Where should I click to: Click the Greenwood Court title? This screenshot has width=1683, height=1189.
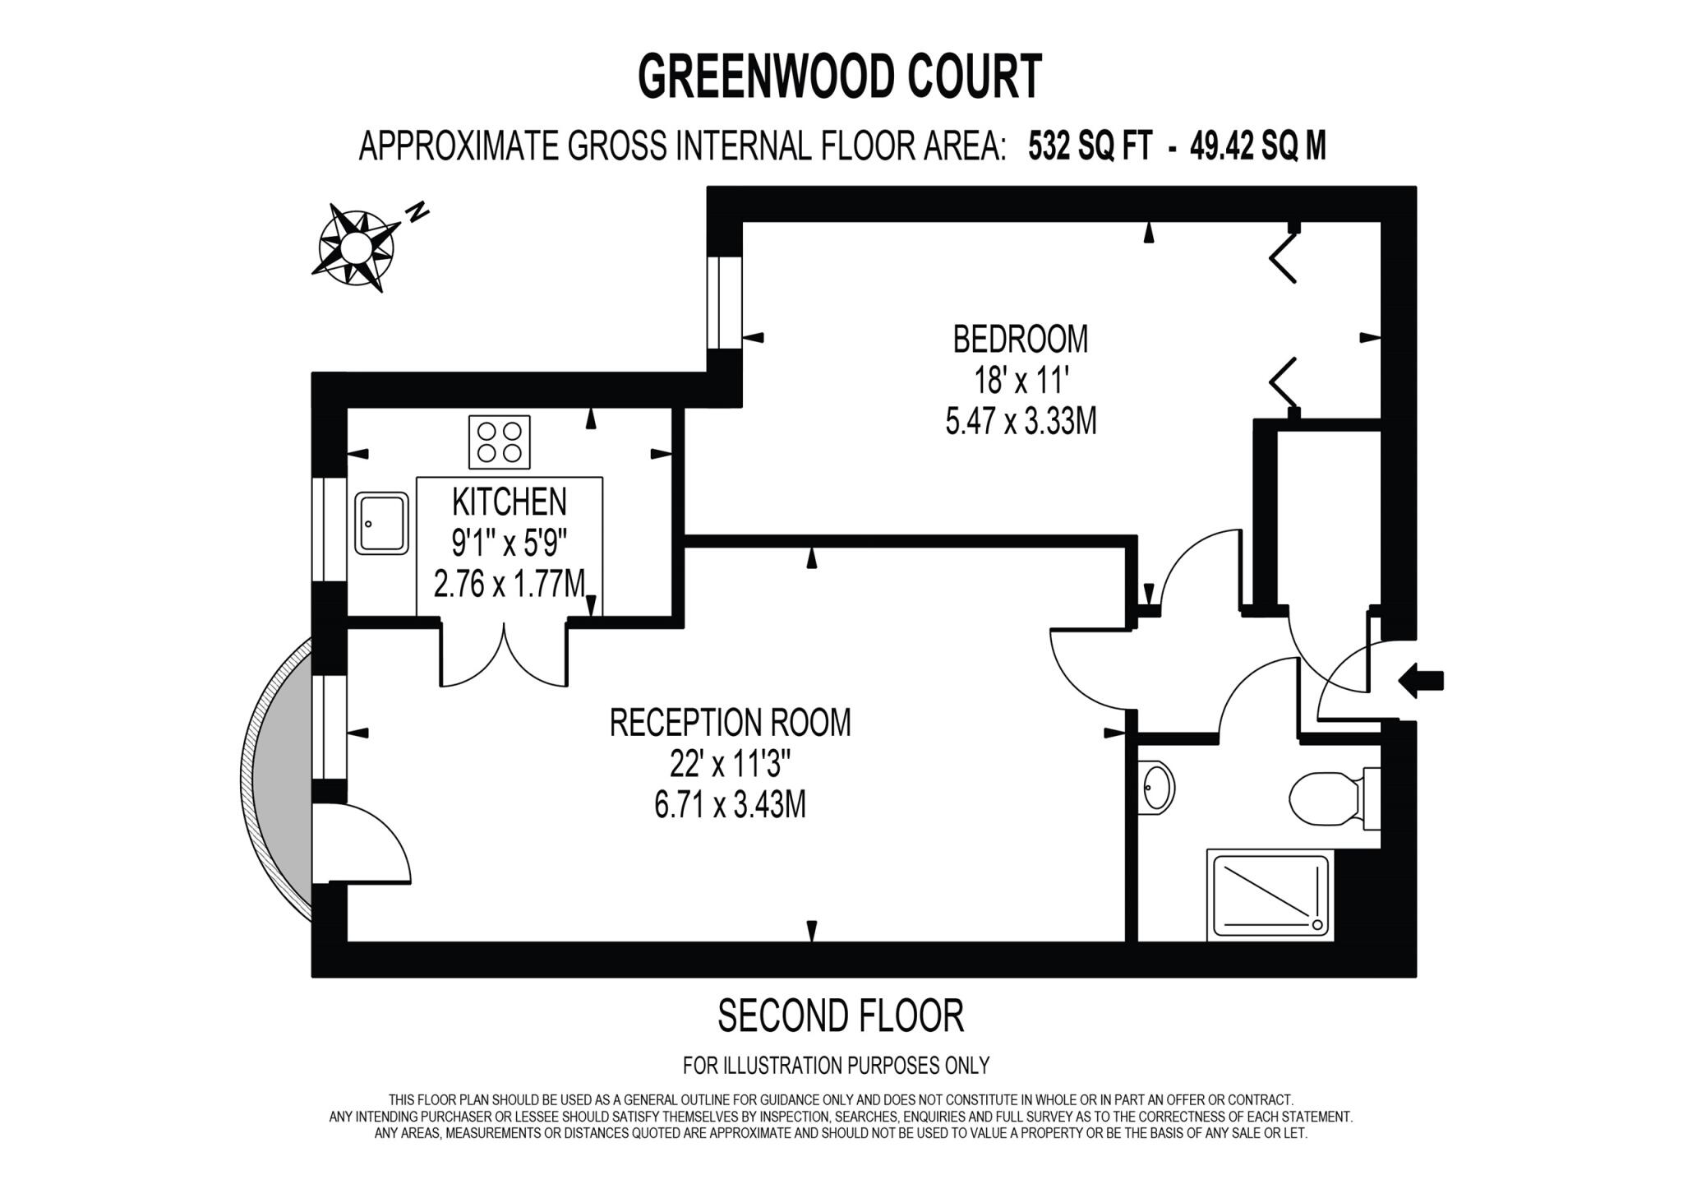click(x=839, y=77)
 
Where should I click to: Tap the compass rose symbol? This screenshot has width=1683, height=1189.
click(x=356, y=247)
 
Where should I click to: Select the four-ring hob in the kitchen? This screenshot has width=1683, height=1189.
click(x=499, y=442)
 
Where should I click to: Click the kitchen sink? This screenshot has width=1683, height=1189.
click(x=381, y=523)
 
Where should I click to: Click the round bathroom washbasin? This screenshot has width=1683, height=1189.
click(x=1157, y=788)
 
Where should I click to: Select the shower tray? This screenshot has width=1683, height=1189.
click(x=1270, y=895)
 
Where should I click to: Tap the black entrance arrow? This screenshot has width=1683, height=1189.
click(x=1421, y=681)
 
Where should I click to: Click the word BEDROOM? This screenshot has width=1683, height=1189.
click(x=1020, y=339)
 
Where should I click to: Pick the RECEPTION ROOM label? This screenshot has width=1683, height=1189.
click(x=730, y=723)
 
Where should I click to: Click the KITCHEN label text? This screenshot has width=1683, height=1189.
click(x=509, y=502)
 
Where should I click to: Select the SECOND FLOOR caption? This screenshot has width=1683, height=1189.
click(x=840, y=1016)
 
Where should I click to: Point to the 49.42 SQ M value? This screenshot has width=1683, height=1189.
click(x=1257, y=146)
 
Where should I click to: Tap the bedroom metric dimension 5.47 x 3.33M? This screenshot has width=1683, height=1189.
click(x=1021, y=423)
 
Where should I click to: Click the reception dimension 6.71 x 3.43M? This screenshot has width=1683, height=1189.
click(x=730, y=804)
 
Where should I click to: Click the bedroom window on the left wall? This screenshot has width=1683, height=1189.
click(x=724, y=303)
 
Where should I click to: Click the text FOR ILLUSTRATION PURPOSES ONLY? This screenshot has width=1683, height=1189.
click(x=836, y=1066)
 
